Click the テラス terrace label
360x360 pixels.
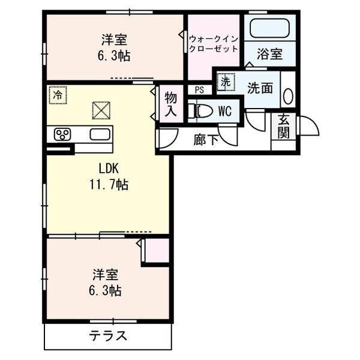click(109, 335)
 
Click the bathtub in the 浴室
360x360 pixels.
click(268, 28)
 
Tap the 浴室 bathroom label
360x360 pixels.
click(269, 54)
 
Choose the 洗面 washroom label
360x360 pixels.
click(260, 88)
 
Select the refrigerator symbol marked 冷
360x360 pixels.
click(58, 95)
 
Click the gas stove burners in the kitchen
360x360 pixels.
click(62, 134)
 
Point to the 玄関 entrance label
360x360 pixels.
click(283, 127)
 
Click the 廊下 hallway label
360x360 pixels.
click(205, 140)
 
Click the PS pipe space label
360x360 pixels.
click(199, 90)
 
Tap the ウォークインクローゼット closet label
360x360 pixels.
click(213, 44)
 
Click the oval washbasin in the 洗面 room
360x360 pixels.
click(287, 97)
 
